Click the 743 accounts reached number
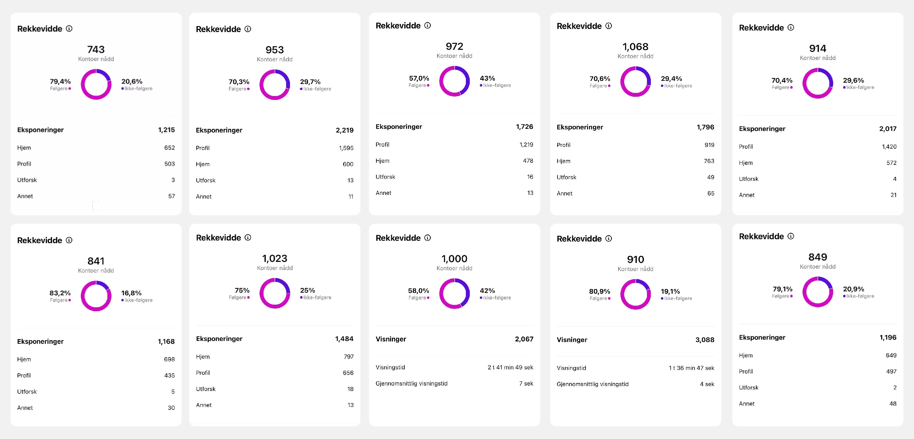(x=96, y=49)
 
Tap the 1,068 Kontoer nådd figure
(x=635, y=46)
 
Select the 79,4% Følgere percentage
(x=60, y=81)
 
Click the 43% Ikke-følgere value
(x=487, y=78)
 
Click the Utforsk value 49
(x=710, y=177)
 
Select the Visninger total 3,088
(x=705, y=340)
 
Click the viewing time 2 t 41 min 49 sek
(x=510, y=367)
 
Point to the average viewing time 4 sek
(x=707, y=384)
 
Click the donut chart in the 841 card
(x=96, y=296)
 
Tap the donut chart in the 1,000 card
(x=454, y=293)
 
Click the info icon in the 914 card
(x=791, y=28)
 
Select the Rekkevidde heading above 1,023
(x=218, y=238)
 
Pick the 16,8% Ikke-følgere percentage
(x=131, y=293)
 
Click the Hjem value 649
(x=891, y=355)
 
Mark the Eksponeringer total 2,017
(x=888, y=129)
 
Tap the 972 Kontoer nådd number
(x=454, y=46)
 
